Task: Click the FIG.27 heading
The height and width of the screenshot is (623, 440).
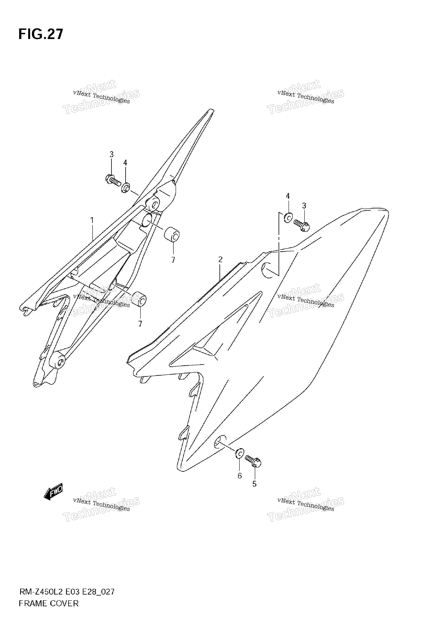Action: (x=41, y=34)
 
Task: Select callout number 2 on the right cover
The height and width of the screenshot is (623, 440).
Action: (x=220, y=259)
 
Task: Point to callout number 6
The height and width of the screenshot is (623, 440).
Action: (x=240, y=476)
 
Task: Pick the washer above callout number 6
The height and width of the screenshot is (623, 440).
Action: (x=240, y=453)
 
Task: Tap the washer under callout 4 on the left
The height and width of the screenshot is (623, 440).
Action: (x=125, y=188)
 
